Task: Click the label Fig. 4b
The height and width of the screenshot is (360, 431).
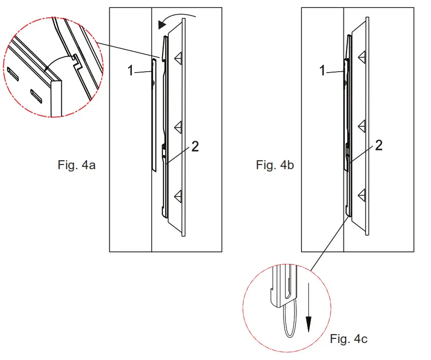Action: [x=275, y=165]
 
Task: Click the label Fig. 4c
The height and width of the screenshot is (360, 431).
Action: [x=349, y=339]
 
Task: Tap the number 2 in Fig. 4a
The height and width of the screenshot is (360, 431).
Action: [x=195, y=147]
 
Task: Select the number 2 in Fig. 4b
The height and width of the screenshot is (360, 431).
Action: [x=378, y=146]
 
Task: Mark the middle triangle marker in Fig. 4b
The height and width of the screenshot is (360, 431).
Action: [x=362, y=126]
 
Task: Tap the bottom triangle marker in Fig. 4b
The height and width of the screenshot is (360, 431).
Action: [x=362, y=195]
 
